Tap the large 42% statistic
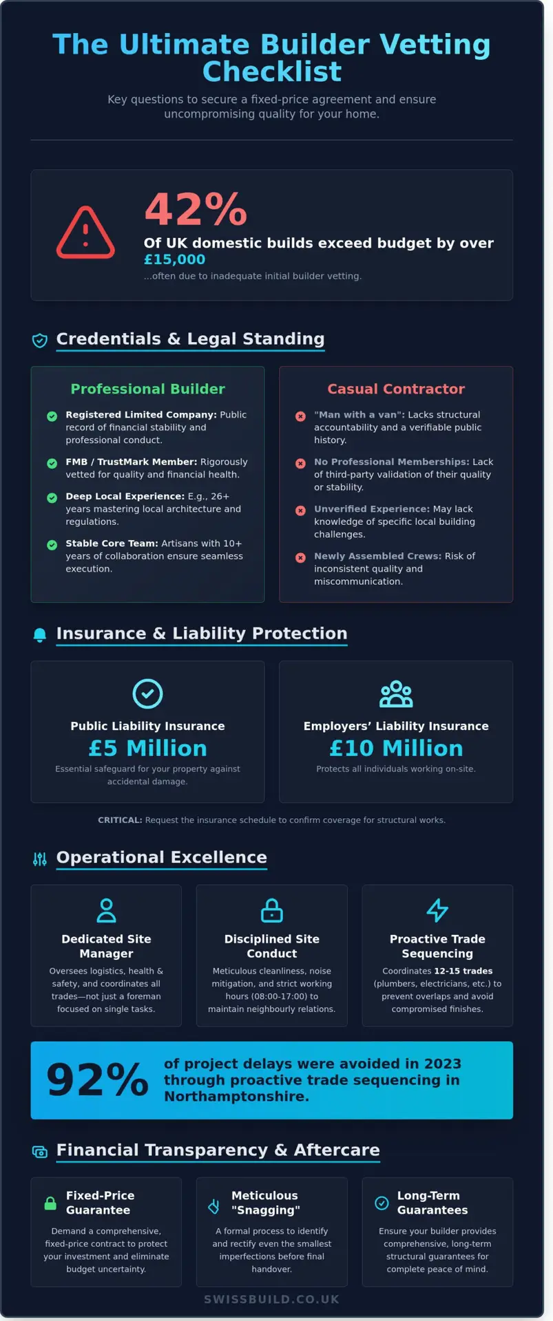196,209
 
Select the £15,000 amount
174,259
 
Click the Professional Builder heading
147,389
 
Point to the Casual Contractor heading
396,389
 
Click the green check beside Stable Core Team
52,545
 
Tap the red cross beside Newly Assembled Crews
300,557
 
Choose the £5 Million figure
147,748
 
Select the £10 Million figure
396,748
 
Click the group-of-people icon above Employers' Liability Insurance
396,694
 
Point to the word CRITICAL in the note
120,820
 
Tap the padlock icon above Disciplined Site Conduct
272,910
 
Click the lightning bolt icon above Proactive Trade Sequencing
437,910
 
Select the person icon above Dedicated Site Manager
106,910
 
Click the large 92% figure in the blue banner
97,1080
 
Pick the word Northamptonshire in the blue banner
236,1097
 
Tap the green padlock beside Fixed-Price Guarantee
50,1203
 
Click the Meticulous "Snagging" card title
265,1203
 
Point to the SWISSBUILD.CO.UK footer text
271,1300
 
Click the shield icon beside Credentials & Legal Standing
40,340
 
